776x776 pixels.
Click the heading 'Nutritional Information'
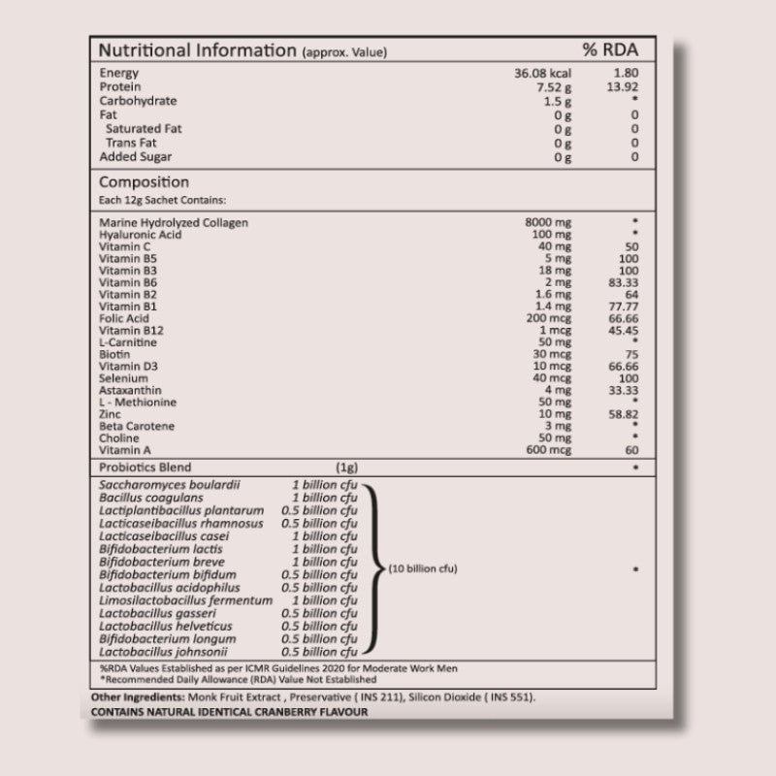pyautogui.click(x=198, y=50)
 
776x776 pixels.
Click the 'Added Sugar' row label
pyautogui.click(x=136, y=156)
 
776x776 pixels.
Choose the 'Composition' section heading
pyautogui.click(x=144, y=182)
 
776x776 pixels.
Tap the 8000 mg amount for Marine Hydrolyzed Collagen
pyautogui.click(x=548, y=223)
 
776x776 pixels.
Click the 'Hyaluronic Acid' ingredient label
pyautogui.click(x=140, y=235)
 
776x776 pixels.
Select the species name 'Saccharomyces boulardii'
pyautogui.click(x=170, y=484)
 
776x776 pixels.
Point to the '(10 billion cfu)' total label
pyautogui.click(x=423, y=568)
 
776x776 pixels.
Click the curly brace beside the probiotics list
pyautogui.click(x=371, y=568)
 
